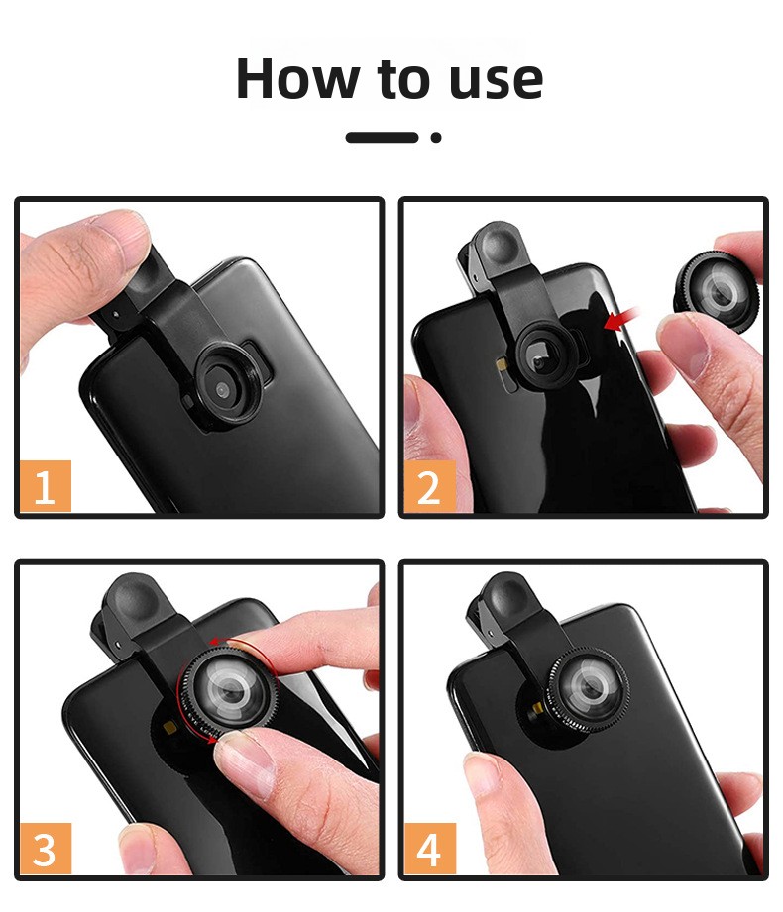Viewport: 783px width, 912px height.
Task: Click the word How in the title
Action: pos(298,78)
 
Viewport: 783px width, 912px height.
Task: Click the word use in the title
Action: pos(497,81)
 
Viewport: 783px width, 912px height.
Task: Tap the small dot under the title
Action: pos(436,138)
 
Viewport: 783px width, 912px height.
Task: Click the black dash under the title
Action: pos(382,138)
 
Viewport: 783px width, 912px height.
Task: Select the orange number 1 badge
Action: pos(46,486)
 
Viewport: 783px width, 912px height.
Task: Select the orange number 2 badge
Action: pos(429,486)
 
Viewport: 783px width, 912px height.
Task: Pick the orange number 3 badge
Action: pos(46,849)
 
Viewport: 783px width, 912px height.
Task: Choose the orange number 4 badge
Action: pos(429,849)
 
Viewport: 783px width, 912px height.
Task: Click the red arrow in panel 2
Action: pos(621,319)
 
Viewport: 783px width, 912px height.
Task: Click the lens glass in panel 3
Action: pos(231,691)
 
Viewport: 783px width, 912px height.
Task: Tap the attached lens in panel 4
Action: pos(588,689)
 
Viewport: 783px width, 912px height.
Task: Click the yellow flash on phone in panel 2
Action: pos(501,364)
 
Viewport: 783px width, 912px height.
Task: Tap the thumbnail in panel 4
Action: pos(485,776)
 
